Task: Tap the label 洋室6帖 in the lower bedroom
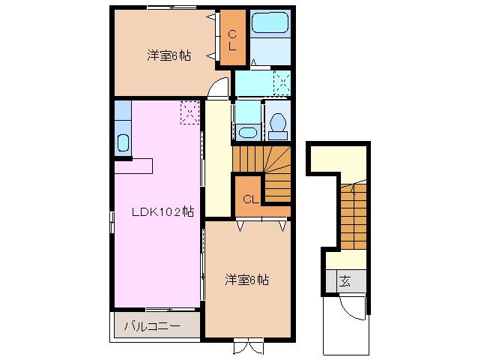pos(247,280)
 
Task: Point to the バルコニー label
pos(151,327)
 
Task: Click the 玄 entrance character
pos(345,282)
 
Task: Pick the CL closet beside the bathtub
pos(232,38)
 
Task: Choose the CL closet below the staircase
pos(250,199)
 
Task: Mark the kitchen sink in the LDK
pos(124,142)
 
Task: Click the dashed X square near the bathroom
pos(282,81)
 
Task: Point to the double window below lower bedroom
pos(248,346)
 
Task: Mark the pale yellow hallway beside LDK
pos(217,157)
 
